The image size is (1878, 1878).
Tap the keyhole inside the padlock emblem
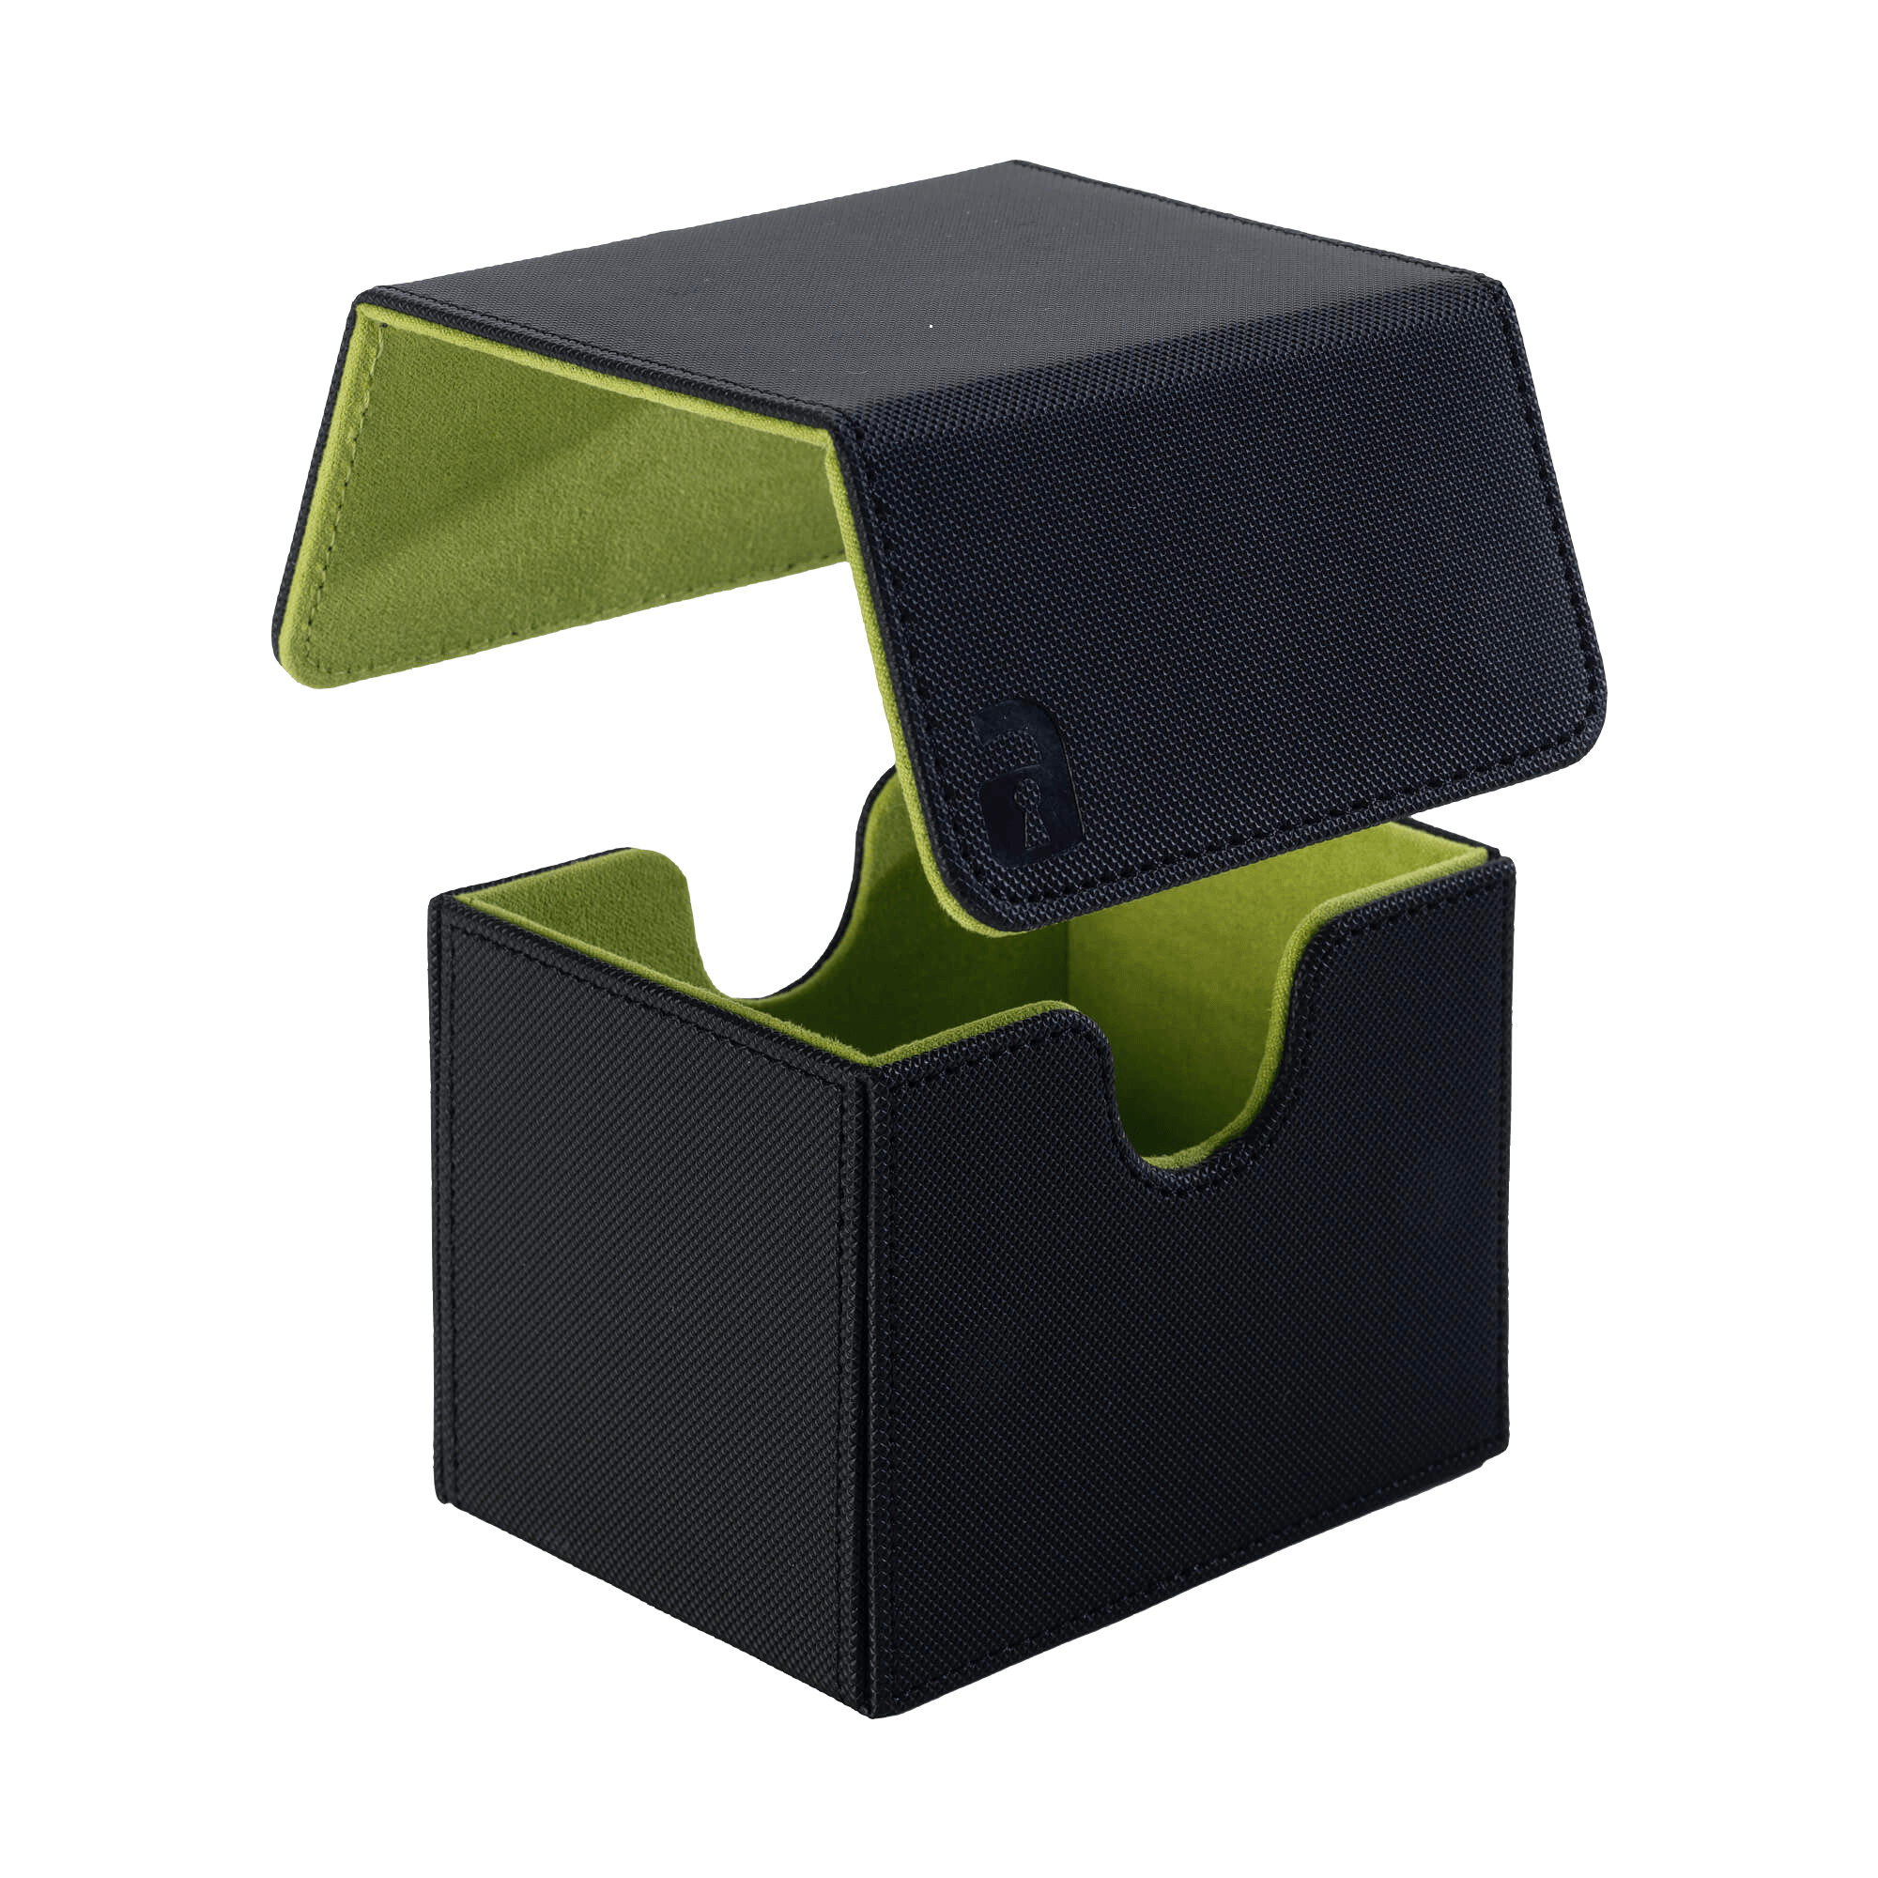1006,786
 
